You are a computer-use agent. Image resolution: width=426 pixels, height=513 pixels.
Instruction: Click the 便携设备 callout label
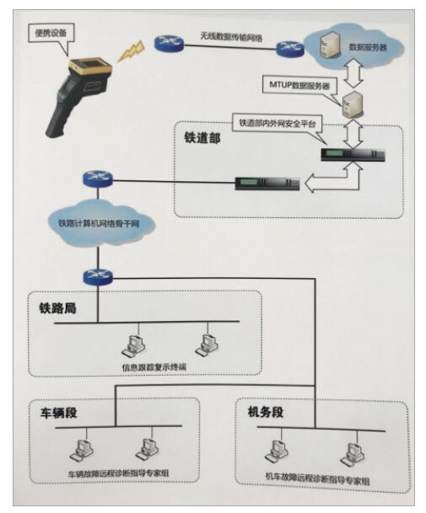tap(51, 33)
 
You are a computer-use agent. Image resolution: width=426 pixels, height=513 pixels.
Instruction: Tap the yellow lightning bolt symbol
tap(132, 51)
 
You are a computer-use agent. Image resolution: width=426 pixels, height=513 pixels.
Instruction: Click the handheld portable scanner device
tap(78, 97)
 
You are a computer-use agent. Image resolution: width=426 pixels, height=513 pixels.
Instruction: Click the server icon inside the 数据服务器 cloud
tap(330, 45)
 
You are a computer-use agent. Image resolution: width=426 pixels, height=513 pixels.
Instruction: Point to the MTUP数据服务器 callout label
tap(299, 86)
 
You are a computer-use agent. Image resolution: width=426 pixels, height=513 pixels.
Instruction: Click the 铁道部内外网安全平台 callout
tap(278, 123)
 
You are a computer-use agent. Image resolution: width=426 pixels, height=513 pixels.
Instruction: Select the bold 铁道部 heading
tap(202, 138)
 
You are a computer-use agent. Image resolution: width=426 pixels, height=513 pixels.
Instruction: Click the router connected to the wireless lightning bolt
tap(169, 42)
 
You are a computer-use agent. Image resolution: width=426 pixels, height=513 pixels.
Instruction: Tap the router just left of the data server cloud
tap(290, 49)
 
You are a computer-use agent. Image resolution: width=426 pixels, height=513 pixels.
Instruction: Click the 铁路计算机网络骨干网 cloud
tap(99, 224)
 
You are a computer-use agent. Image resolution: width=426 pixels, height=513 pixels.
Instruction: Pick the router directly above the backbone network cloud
tap(98, 179)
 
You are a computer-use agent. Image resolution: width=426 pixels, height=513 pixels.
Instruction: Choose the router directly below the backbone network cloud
tap(98, 277)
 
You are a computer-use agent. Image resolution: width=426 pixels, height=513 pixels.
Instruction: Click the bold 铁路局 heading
tap(57, 308)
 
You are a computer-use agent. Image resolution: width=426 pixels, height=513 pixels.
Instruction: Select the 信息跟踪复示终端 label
tap(154, 366)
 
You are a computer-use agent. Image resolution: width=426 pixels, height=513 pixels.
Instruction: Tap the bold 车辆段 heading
tap(59, 413)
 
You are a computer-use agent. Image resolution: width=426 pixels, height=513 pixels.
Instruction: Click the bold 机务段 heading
tap(266, 412)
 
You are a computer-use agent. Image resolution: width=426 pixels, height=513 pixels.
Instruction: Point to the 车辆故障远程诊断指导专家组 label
tap(118, 473)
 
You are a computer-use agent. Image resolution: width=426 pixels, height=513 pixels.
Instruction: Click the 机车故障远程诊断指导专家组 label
tap(317, 478)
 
